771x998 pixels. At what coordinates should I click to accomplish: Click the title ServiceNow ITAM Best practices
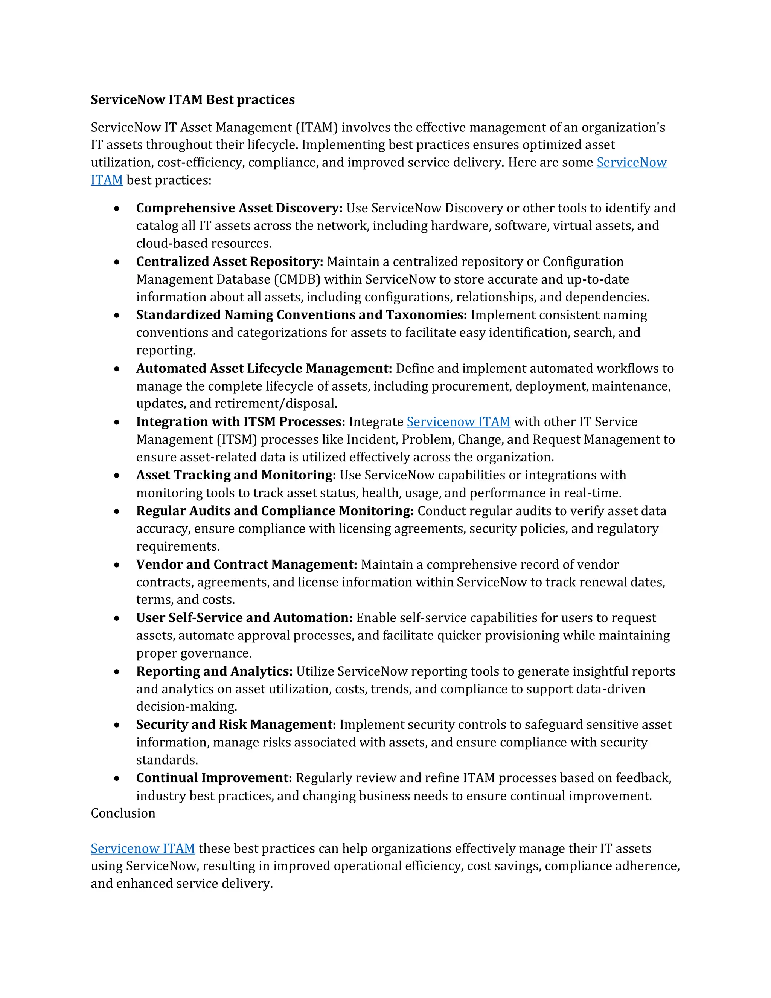pyautogui.click(x=192, y=100)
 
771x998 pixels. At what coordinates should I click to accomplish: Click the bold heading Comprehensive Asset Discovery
pyautogui.click(x=239, y=208)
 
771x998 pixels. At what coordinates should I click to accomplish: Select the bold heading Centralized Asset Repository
pyautogui.click(x=229, y=261)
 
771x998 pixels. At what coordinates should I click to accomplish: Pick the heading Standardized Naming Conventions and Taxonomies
pyautogui.click(x=301, y=315)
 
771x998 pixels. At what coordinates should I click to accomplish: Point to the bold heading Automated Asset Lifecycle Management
pyautogui.click(x=264, y=368)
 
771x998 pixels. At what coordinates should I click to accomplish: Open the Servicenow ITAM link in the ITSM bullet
pyautogui.click(x=458, y=422)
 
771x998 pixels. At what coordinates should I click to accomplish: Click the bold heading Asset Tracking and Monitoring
pyautogui.click(x=236, y=475)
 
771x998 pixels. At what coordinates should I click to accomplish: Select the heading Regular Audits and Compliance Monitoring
pyautogui.click(x=274, y=511)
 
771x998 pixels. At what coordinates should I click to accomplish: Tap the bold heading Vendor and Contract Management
pyautogui.click(x=246, y=565)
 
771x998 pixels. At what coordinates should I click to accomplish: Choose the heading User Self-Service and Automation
pyautogui.click(x=244, y=618)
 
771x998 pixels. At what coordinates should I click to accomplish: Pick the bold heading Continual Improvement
pyautogui.click(x=214, y=778)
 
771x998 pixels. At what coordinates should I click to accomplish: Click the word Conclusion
pyautogui.click(x=123, y=813)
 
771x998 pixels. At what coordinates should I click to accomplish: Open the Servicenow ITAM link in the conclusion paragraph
pyautogui.click(x=143, y=848)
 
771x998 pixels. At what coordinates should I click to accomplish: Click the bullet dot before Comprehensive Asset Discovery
pyautogui.click(x=117, y=208)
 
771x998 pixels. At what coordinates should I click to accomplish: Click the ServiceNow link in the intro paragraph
pyautogui.click(x=631, y=163)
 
